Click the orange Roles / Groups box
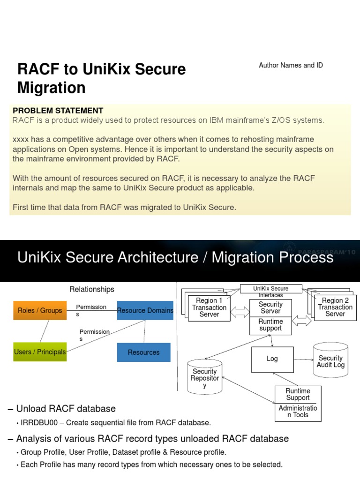coord(40,310)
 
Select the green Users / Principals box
coord(40,352)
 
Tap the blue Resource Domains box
coord(145,310)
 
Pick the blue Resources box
coord(143,352)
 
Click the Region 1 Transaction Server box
coord(209,308)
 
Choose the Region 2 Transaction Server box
coord(335,307)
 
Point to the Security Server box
coord(270,307)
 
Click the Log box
coord(272,359)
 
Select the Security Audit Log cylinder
coord(330,361)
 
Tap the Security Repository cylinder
coord(204,378)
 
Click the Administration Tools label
coord(298,412)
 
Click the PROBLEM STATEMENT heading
coord(58,111)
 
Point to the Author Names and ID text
coord(291,66)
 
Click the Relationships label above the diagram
coord(92,289)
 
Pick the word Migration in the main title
coord(52,88)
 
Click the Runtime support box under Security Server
coord(270,325)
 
